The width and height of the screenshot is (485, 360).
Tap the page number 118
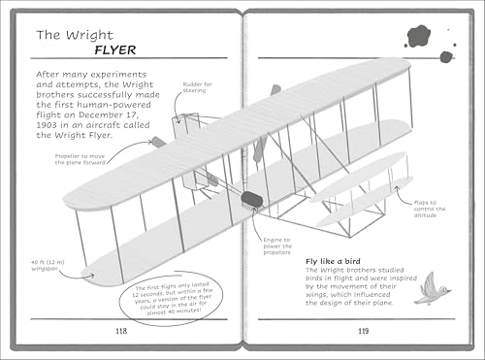(120, 332)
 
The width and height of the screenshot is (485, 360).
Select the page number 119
(361, 332)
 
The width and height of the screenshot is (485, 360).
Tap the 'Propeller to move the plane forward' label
(74, 159)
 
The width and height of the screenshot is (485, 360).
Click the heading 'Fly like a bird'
(336, 261)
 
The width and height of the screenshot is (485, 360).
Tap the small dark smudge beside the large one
(446, 56)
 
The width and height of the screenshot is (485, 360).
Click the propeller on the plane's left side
(158, 142)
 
